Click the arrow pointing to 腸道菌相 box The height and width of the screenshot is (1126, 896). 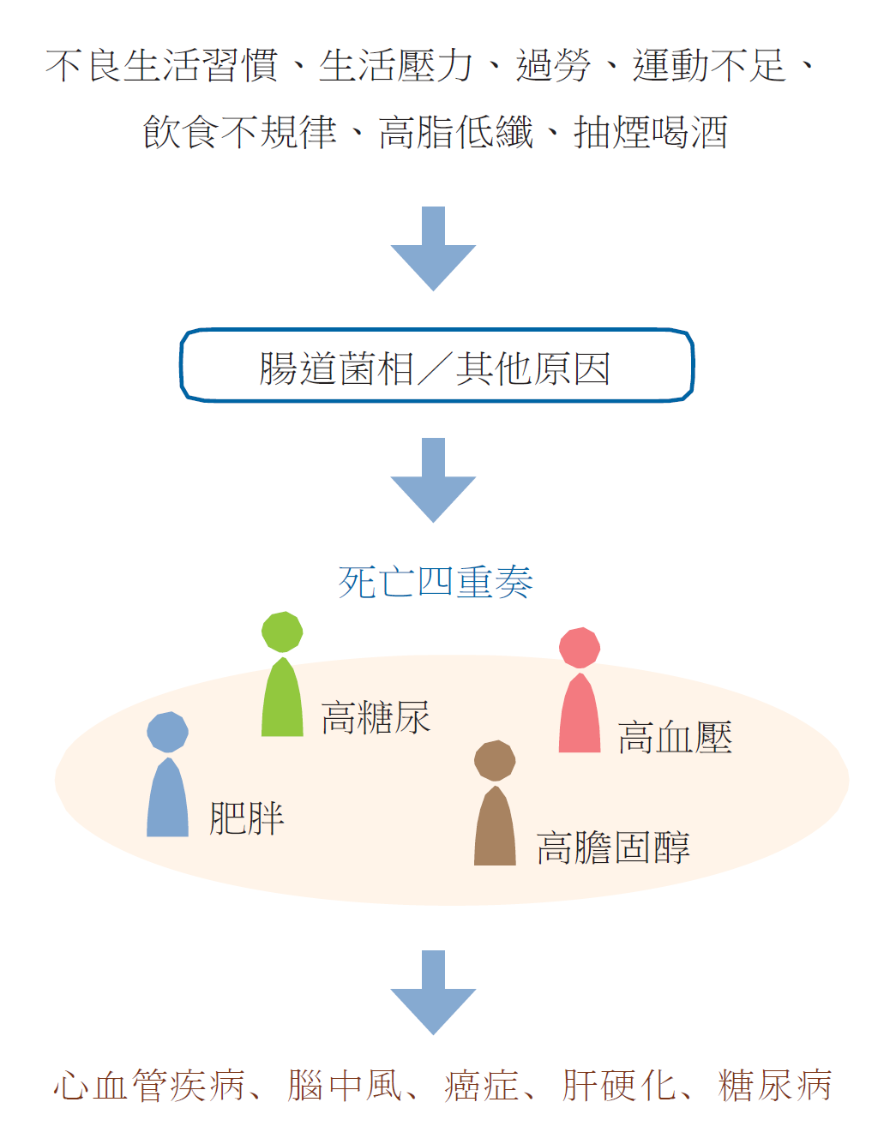433,249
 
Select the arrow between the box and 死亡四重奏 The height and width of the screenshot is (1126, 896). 433,481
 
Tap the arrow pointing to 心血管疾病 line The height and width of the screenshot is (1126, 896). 433,992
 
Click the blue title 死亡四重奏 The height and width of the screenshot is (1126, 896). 436,583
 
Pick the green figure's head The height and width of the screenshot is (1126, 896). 282,632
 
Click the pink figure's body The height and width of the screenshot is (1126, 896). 580,716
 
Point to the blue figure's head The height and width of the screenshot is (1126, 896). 167,732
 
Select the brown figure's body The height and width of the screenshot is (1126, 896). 495,828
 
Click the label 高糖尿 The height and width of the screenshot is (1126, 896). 376,718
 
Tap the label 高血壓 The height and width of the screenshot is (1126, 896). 675,738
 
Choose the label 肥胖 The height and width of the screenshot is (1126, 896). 247,819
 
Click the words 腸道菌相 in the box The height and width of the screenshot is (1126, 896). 337,368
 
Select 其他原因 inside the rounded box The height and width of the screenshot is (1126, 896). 532,368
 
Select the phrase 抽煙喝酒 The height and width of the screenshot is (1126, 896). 651,133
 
